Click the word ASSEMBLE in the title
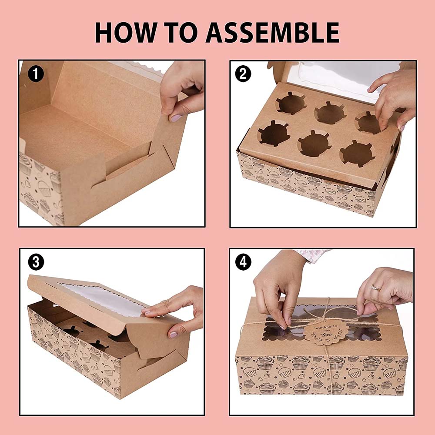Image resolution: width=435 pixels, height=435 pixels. pos(272,33)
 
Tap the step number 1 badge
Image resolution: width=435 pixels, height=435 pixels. pos(36,74)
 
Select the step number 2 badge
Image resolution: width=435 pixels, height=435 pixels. pos(243,74)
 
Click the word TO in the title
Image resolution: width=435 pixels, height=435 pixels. pos(181,33)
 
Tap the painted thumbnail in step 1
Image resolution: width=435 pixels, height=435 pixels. pos(176,118)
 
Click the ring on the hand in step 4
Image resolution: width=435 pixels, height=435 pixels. pos(375,288)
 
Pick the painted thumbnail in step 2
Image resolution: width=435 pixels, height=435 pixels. pos(402,128)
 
